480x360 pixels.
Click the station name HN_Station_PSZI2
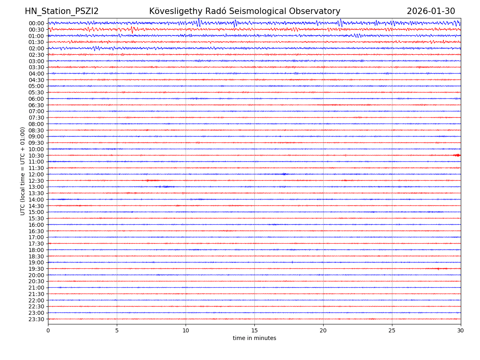pyautogui.click(x=62, y=12)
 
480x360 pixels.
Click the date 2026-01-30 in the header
pyautogui.click(x=431, y=12)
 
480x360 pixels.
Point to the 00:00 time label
pyautogui.click(x=36, y=23)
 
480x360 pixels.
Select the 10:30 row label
pyautogui.click(x=36, y=156)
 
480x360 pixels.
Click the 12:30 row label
pyautogui.click(x=36, y=181)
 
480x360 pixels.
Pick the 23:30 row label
pyautogui.click(x=36, y=319)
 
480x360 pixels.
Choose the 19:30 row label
pyautogui.click(x=36, y=269)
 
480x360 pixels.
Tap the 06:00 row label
pyautogui.click(x=36, y=99)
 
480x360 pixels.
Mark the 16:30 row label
pyautogui.click(x=36, y=231)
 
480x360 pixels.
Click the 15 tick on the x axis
pyautogui.click(x=254, y=331)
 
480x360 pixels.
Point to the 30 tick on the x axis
pyautogui.click(x=461, y=331)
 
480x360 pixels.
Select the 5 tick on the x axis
pyautogui.click(x=117, y=331)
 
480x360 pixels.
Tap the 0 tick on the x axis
pyautogui.click(x=48, y=331)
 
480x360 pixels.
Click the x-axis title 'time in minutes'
pyautogui.click(x=254, y=338)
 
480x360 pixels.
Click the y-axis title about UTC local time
pyautogui.click(x=23, y=171)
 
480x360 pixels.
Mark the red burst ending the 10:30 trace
pyautogui.click(x=457, y=155)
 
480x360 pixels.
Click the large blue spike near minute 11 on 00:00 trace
pyautogui.click(x=199, y=22)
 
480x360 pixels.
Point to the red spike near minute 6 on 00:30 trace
pyautogui.click(x=132, y=30)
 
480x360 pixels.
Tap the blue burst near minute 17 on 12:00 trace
pyautogui.click(x=284, y=174)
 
